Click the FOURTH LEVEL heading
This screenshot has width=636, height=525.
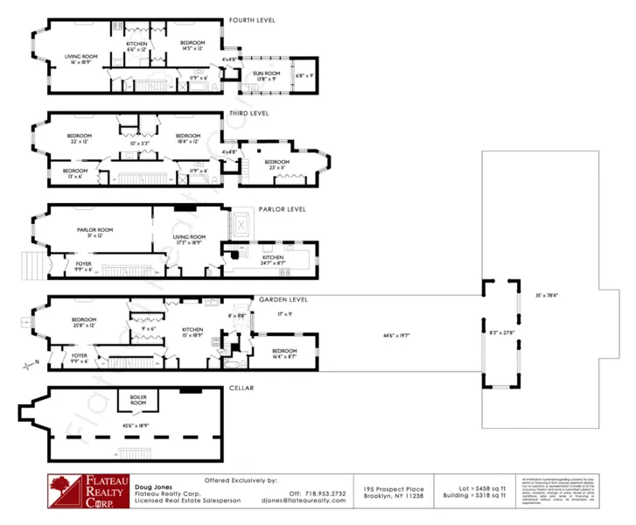coord(253,20)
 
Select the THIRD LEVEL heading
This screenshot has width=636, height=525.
coord(248,113)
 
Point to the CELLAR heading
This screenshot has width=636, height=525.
coord(241,388)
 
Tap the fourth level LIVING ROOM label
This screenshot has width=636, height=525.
coord(81,59)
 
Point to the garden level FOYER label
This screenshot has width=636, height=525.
coord(79,357)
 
